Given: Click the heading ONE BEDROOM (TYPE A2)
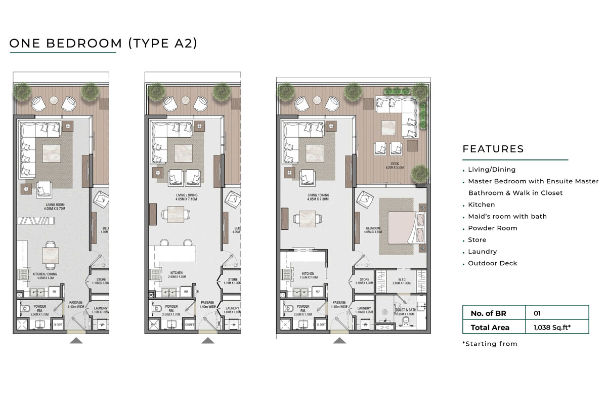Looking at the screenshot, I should pos(103,43).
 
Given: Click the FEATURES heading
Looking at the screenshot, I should pos(493,149).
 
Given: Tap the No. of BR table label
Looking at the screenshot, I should pos(488,313).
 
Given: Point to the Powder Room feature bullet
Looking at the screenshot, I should pos(492,228).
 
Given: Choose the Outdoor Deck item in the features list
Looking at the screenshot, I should pos(492,263).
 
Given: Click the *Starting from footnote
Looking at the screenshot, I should pos(490,344).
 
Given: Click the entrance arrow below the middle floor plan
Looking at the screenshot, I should pos(208,341).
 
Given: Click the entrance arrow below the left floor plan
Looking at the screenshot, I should pos(76,341).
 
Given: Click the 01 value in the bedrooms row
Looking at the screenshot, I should pos(537,313).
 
